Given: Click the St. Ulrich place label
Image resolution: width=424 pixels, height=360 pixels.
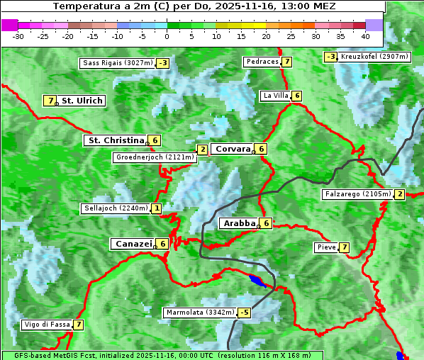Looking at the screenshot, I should point(82,101).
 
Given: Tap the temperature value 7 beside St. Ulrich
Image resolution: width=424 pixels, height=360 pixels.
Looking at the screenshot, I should point(50,101).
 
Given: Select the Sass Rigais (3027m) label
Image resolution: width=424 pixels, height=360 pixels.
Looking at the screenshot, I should point(117,63).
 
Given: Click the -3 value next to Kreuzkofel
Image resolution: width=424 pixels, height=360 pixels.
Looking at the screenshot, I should point(330,57).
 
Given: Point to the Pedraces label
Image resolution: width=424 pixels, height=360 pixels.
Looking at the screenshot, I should point(262,62).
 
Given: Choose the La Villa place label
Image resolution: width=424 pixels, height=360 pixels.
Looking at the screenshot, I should point(275,96).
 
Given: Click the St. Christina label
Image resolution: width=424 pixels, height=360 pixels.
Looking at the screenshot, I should point(115,140).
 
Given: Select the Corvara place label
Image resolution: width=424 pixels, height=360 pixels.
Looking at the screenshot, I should point(233,149).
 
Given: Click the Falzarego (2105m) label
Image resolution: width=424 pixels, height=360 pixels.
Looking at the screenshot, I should point(357,193).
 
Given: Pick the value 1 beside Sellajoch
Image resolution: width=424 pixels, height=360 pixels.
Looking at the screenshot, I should point(156,208).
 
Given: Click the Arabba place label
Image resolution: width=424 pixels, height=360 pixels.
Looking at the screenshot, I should point(239,223).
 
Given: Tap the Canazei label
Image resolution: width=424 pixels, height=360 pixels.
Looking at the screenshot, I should point(133,244).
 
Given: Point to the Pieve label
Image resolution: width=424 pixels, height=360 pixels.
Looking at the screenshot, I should point(326,247).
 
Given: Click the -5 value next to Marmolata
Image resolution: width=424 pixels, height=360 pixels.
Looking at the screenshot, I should point(245,313).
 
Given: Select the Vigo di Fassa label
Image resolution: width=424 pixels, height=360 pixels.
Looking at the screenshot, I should point(47,325).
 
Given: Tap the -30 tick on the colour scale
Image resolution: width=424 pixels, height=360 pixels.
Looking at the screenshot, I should point(19,36).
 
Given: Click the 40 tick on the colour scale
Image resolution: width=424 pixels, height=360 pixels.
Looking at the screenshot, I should point(365,36).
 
